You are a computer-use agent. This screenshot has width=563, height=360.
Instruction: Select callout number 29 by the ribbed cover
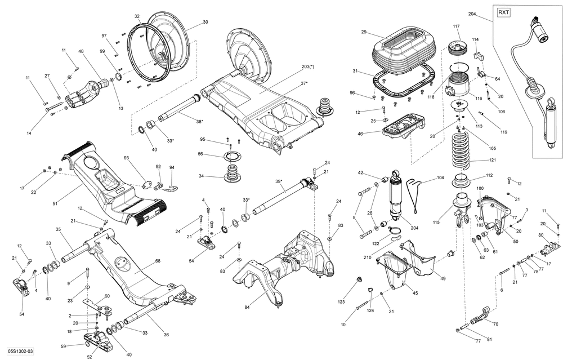tap(364, 32)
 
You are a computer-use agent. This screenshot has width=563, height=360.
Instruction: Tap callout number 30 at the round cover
tap(205, 22)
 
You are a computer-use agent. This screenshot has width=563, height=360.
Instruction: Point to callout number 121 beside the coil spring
tap(493, 161)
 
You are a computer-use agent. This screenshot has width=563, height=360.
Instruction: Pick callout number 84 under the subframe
tap(247, 307)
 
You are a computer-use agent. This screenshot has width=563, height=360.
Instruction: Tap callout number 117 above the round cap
tap(456, 26)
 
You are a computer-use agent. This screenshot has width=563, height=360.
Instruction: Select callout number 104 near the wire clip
tap(441, 178)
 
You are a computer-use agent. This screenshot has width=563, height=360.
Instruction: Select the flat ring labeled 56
tap(231, 156)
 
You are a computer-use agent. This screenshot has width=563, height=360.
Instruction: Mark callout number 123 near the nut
tap(341, 301)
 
